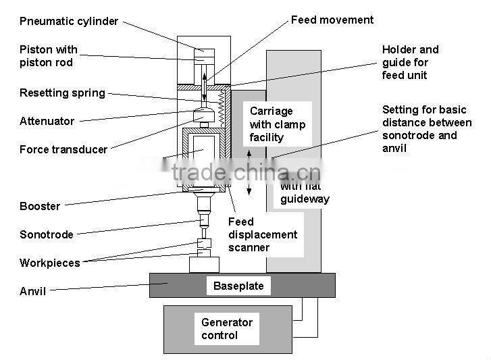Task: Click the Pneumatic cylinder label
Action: click(69, 21)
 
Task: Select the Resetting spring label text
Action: click(62, 93)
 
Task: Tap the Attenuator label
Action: click(47, 122)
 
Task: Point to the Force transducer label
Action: click(63, 150)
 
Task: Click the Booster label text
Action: click(39, 207)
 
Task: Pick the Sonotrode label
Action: click(46, 235)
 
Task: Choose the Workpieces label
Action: click(49, 263)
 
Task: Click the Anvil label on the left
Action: click(32, 292)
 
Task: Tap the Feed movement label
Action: click(332, 20)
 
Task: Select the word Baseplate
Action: click(238, 286)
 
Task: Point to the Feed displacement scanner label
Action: click(262, 234)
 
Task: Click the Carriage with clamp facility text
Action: click(277, 124)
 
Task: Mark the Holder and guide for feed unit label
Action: click(410, 62)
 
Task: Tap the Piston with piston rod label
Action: click(48, 56)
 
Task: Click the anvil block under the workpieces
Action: click(204, 264)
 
